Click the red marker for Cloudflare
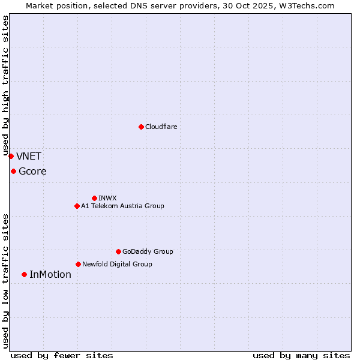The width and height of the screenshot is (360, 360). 141,127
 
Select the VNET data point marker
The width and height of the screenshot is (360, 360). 11,156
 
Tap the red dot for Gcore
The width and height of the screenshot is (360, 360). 13,171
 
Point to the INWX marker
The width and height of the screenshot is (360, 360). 94,198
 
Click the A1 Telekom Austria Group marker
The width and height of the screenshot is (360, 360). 77,206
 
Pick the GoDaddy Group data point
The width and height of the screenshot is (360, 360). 118,251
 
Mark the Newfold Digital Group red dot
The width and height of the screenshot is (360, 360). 78,264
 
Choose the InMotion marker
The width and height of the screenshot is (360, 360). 24,274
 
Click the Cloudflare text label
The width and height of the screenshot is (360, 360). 161,127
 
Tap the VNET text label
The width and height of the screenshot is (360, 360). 29,157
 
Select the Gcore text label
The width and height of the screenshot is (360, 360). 32,172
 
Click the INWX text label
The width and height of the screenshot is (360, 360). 107,198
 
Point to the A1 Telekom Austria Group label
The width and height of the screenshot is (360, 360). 122,206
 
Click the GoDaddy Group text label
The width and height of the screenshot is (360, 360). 148,251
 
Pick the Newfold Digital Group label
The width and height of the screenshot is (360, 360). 117,264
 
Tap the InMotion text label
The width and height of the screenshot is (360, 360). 50,275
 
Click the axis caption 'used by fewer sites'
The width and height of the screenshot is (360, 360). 62,355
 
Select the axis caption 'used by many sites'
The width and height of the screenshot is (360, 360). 301,355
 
